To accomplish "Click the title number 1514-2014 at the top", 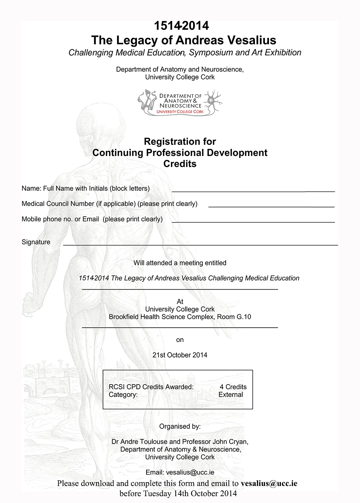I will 181,26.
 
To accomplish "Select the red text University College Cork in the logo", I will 180,112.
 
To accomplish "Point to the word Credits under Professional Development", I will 180,164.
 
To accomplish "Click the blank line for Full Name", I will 253,190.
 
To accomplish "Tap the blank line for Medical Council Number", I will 271,206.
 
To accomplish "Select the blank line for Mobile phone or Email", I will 253,221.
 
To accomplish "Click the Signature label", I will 36,242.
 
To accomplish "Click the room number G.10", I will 244,317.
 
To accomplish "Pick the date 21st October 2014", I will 180,355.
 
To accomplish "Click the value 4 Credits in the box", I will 233,387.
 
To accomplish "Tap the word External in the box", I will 231,395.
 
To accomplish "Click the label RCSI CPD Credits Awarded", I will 151,387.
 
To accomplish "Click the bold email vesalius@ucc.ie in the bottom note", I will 269,483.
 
